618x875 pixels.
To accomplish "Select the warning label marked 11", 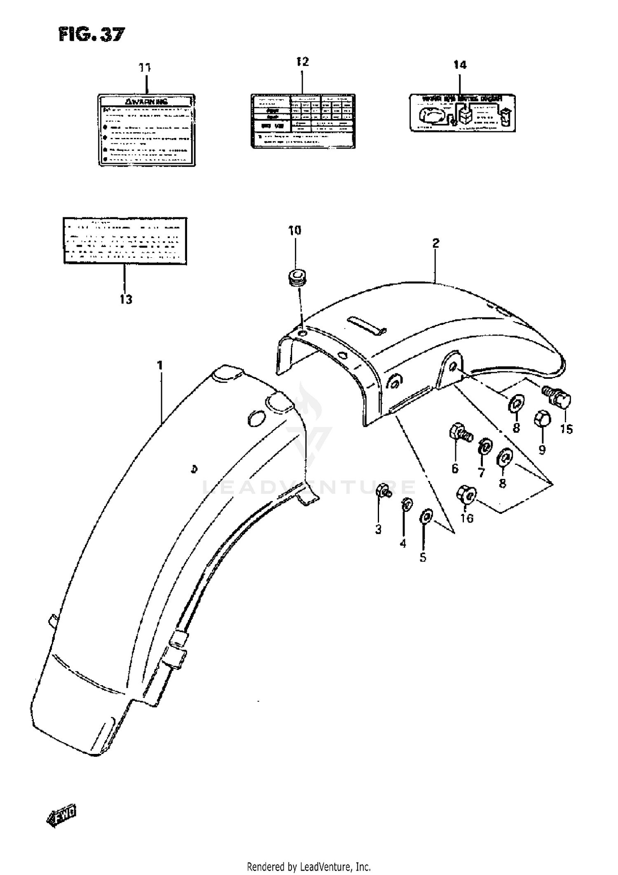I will (146, 130).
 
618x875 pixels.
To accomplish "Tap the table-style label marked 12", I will (303, 121).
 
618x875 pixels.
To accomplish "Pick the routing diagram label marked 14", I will (462, 112).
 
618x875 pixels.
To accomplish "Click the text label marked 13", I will (124, 240).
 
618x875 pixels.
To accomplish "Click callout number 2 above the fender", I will (435, 243).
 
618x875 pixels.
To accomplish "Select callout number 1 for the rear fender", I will (160, 365).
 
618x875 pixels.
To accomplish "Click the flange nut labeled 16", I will (466, 496).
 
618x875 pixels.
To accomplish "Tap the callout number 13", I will (126, 299).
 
